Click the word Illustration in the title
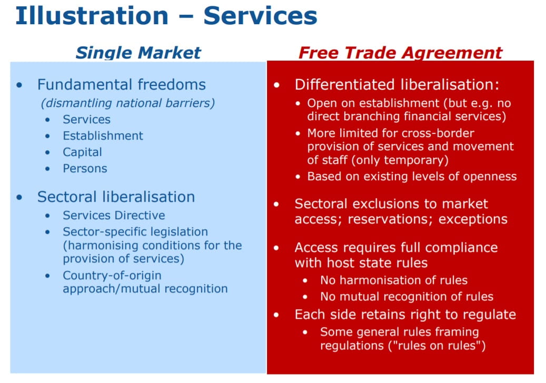(x=92, y=16)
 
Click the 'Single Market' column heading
(x=138, y=53)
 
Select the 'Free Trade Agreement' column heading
(x=401, y=53)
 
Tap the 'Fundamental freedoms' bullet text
(x=122, y=85)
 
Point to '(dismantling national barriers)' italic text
(x=128, y=103)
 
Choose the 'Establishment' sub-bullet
(x=103, y=135)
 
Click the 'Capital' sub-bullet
(x=82, y=152)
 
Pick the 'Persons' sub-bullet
(x=85, y=169)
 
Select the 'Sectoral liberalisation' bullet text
(x=116, y=197)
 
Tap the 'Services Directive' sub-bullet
(x=114, y=215)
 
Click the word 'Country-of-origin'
(x=112, y=276)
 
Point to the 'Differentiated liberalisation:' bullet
(x=397, y=85)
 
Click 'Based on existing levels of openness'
(x=412, y=176)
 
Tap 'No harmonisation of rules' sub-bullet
(x=394, y=280)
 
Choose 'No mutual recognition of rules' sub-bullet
(x=406, y=297)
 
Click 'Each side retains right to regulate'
(x=405, y=315)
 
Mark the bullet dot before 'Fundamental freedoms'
(x=19, y=85)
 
